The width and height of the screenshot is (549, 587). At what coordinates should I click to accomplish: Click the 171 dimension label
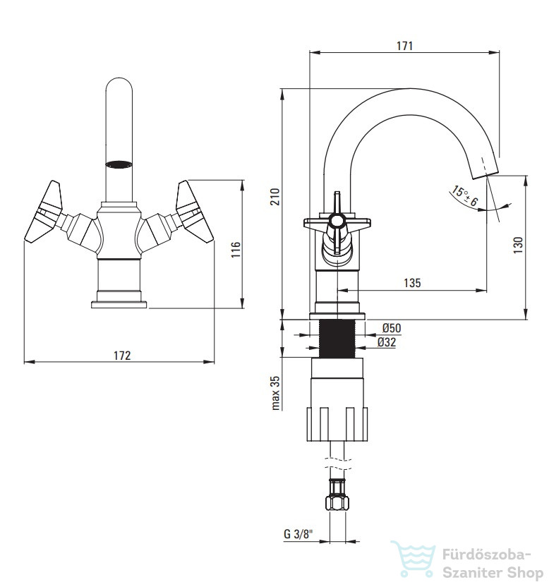pos(404,46)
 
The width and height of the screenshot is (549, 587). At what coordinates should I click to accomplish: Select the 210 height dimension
pos(275,197)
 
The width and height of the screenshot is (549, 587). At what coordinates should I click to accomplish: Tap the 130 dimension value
pos(518,246)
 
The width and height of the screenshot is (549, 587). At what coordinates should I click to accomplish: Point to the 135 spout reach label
pos(412,283)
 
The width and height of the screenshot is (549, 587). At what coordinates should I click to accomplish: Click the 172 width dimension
pos(123,356)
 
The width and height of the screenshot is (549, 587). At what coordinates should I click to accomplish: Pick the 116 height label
pos(236,249)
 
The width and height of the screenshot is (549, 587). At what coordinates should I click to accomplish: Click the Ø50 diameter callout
pos(392,328)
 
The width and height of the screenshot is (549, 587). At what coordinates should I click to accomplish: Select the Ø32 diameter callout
pos(387,342)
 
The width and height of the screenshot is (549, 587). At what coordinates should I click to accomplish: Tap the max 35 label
pos(275,393)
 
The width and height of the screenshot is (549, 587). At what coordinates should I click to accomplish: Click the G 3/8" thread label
pos(298,534)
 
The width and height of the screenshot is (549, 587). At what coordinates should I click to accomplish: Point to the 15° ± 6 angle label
pos(465,196)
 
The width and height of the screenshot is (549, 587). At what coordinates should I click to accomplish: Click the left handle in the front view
pos(43,212)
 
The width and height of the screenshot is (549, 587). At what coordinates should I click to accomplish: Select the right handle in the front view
pos(195,212)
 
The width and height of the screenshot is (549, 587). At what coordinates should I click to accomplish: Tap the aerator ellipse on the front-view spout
pos(119,164)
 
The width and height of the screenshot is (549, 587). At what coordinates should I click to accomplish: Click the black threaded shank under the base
pos(337,339)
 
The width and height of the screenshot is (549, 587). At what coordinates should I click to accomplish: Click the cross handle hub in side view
pos(337,222)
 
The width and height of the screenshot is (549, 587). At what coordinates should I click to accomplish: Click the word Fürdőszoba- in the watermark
pos(486,555)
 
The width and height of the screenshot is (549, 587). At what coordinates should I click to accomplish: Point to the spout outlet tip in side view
pos(486,174)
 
